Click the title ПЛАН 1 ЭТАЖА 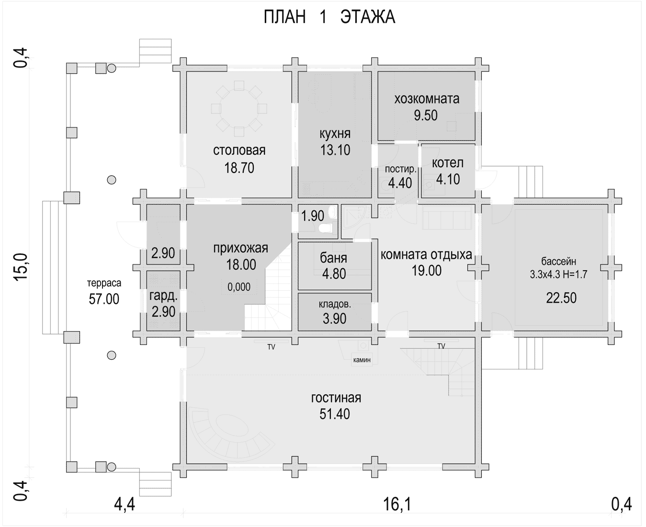(329, 17)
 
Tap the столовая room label (239, 150)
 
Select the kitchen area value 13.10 (335, 150)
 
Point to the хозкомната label (427, 99)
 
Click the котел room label (448, 163)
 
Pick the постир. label (401, 169)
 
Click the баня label (334, 258)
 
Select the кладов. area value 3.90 (334, 319)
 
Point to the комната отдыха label (426, 255)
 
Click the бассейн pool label (559, 262)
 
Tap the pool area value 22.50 (561, 298)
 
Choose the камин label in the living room (362, 360)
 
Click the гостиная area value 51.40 (334, 414)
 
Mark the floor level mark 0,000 (239, 287)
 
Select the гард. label (164, 296)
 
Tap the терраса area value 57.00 (104, 299)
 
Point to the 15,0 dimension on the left (21, 266)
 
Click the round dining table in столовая (239, 109)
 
